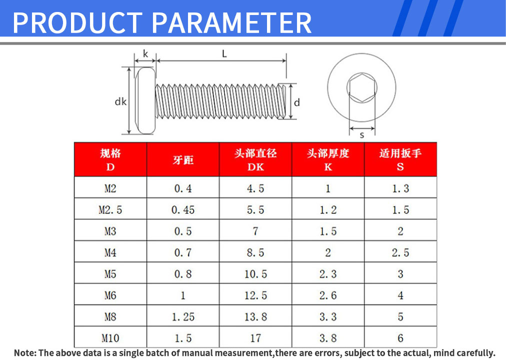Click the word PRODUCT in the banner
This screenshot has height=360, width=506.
pyautogui.click(x=77, y=23)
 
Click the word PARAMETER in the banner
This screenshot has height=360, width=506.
pyautogui.click(x=231, y=23)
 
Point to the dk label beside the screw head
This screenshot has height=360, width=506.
pyautogui.click(x=120, y=101)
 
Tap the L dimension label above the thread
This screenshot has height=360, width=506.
pyautogui.click(x=224, y=53)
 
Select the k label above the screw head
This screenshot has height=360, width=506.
pyautogui.click(x=145, y=53)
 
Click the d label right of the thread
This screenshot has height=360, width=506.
pyautogui.click(x=297, y=102)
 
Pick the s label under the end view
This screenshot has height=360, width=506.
pyautogui.click(x=362, y=135)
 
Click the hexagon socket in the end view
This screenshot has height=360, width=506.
pyautogui.click(x=362, y=87)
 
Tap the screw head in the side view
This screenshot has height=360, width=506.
pyautogui.click(x=145, y=100)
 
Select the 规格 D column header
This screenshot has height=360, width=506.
pyautogui.click(x=110, y=159)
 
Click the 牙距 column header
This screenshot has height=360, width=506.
pyautogui.click(x=183, y=160)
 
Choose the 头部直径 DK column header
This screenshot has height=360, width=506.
pyautogui.click(x=255, y=159)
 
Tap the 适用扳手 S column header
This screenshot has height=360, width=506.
pyautogui.click(x=400, y=159)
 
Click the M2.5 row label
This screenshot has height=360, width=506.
pyautogui.click(x=110, y=210)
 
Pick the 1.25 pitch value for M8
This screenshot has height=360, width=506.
pyautogui.click(x=183, y=317)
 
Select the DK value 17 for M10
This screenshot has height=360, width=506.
pyautogui.click(x=255, y=338)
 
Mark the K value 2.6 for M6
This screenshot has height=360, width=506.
pyautogui.click(x=328, y=295)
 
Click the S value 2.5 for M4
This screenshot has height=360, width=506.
pyautogui.click(x=400, y=252)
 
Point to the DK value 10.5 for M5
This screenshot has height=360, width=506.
pyautogui.click(x=255, y=274)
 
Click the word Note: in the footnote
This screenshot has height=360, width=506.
pyautogui.click(x=25, y=353)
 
